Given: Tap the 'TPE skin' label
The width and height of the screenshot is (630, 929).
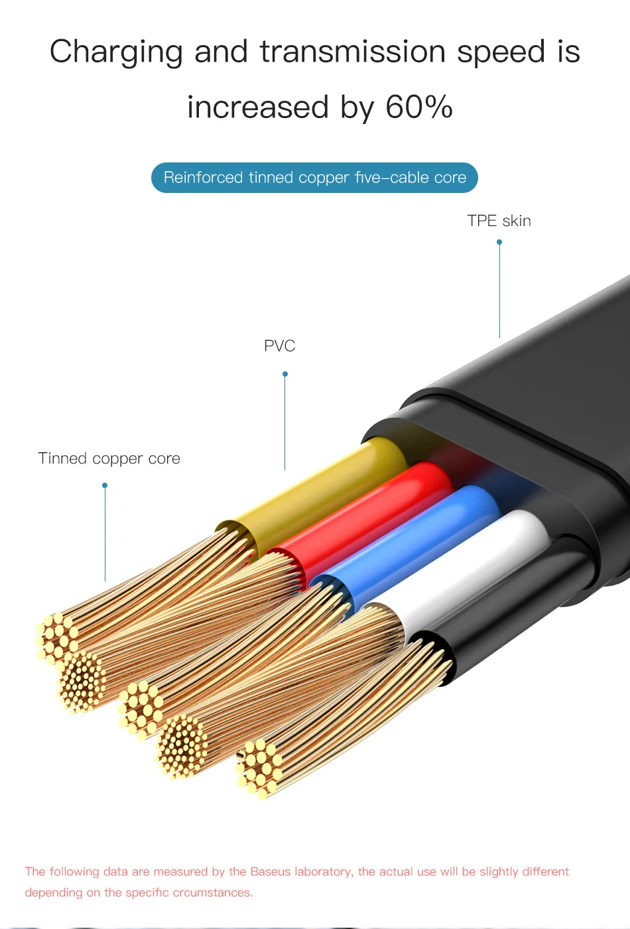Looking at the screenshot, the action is (x=499, y=221).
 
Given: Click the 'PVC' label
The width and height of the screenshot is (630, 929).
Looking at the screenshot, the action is (x=279, y=345).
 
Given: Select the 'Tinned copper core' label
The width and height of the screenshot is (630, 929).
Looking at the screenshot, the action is (x=109, y=458).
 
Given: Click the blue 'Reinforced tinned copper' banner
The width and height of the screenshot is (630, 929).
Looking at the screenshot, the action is (x=314, y=178).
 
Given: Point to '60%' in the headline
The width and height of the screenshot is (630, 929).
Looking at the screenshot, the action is (x=419, y=107).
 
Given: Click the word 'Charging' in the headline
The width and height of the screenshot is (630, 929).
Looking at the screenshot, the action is (x=116, y=52).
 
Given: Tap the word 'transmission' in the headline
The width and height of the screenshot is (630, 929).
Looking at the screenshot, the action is (x=353, y=52).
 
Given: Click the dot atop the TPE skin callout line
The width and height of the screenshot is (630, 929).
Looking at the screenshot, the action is (x=499, y=242).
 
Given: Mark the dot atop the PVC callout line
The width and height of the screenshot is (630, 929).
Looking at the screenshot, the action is (x=285, y=374).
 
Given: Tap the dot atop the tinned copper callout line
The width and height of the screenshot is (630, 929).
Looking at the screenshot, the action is (x=105, y=485).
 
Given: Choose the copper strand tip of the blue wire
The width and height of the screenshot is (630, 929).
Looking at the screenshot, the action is (x=141, y=708).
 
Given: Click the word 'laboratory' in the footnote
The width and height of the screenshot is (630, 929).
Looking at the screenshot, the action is (x=323, y=871).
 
